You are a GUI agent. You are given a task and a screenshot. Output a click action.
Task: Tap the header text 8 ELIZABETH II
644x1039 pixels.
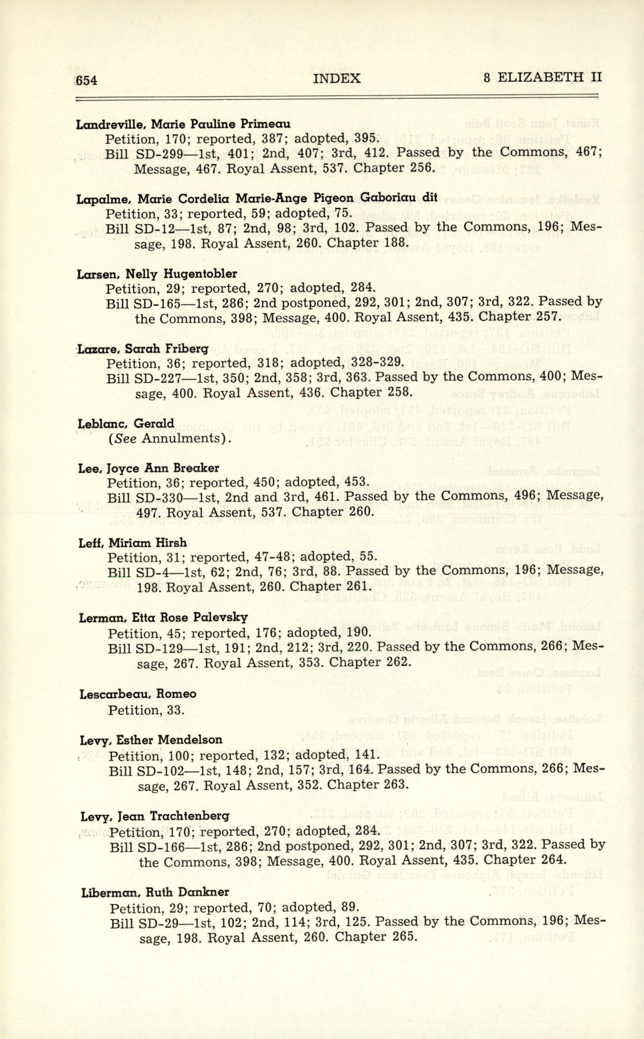pos(543,77)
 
